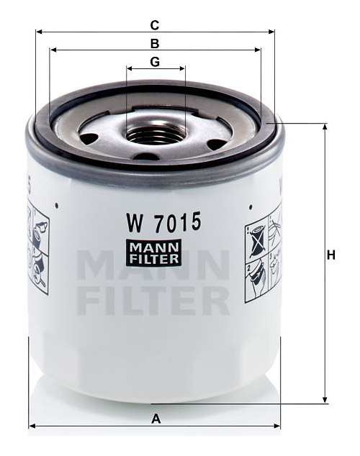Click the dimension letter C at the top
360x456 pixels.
155,25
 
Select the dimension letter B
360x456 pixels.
155,44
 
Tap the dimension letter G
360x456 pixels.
155,62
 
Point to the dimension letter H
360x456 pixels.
331,255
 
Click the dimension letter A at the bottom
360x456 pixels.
156,419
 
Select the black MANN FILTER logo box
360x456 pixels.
154,252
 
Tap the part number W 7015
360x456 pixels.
163,222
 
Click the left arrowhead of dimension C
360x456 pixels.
39,32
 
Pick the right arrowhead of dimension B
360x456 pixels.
258,50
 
